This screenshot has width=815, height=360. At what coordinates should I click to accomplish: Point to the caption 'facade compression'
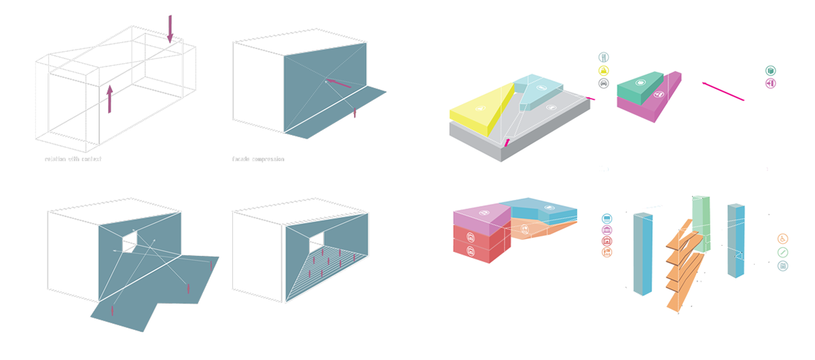(x=258, y=159)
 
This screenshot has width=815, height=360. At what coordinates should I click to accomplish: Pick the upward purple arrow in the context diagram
(x=109, y=98)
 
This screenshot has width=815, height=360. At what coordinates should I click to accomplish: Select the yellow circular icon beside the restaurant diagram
(x=603, y=70)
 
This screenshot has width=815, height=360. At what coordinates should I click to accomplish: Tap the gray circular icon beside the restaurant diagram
(x=603, y=83)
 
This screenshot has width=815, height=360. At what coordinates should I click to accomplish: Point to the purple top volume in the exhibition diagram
(x=479, y=217)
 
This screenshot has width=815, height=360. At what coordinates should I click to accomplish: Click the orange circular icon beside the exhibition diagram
(x=607, y=252)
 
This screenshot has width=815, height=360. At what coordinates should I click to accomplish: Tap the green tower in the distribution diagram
(x=701, y=221)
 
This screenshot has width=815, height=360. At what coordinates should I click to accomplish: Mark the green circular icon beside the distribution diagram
(x=783, y=252)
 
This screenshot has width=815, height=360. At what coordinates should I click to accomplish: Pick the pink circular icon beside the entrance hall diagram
(x=770, y=83)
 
